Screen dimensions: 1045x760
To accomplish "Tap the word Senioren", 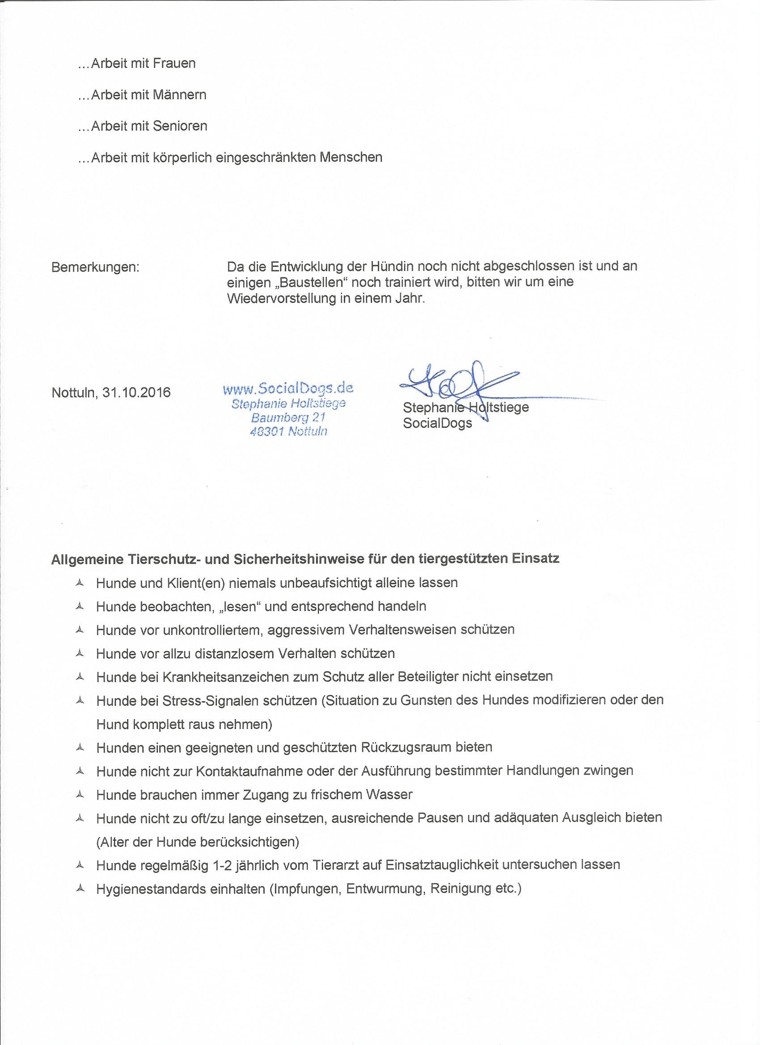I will point(180,126).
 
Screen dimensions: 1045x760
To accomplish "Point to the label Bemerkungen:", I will point(95,267).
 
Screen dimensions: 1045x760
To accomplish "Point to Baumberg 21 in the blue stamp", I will point(288,417).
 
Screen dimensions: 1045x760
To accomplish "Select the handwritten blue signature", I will point(461,387).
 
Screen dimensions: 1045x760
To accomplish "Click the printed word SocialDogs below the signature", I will point(437,423).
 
